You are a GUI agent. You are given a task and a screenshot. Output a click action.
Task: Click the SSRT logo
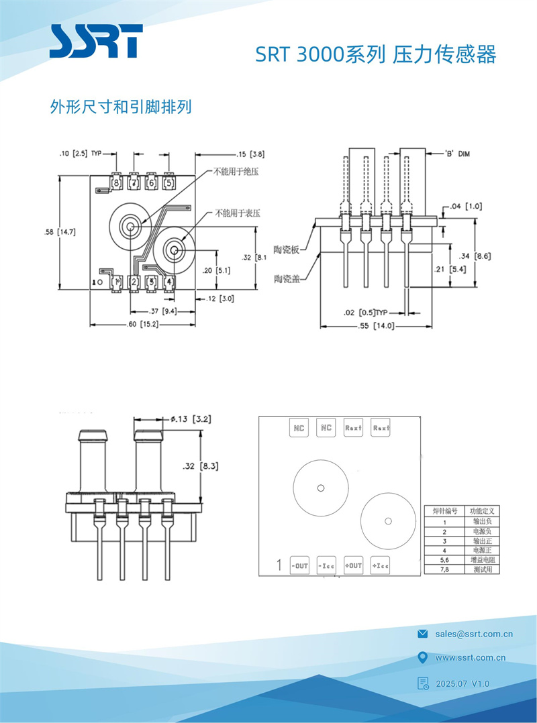95,42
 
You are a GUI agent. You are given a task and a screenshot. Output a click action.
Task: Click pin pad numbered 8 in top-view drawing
116,182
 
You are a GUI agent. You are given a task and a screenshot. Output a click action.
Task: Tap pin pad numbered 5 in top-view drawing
168,182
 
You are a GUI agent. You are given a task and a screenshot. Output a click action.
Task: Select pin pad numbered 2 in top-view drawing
134,282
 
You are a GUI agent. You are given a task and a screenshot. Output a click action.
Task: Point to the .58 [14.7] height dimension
59,232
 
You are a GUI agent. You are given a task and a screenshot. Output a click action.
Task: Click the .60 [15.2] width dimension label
142,324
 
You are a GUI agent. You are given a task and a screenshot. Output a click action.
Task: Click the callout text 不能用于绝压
236,172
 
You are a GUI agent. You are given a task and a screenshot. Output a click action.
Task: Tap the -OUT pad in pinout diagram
299,566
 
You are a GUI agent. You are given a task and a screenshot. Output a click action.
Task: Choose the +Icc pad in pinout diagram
381,566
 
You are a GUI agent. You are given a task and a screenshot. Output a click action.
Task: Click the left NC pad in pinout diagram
299,427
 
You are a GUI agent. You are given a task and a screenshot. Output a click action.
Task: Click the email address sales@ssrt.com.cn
474,633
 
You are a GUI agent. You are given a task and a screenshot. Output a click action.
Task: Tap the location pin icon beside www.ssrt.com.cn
422,657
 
